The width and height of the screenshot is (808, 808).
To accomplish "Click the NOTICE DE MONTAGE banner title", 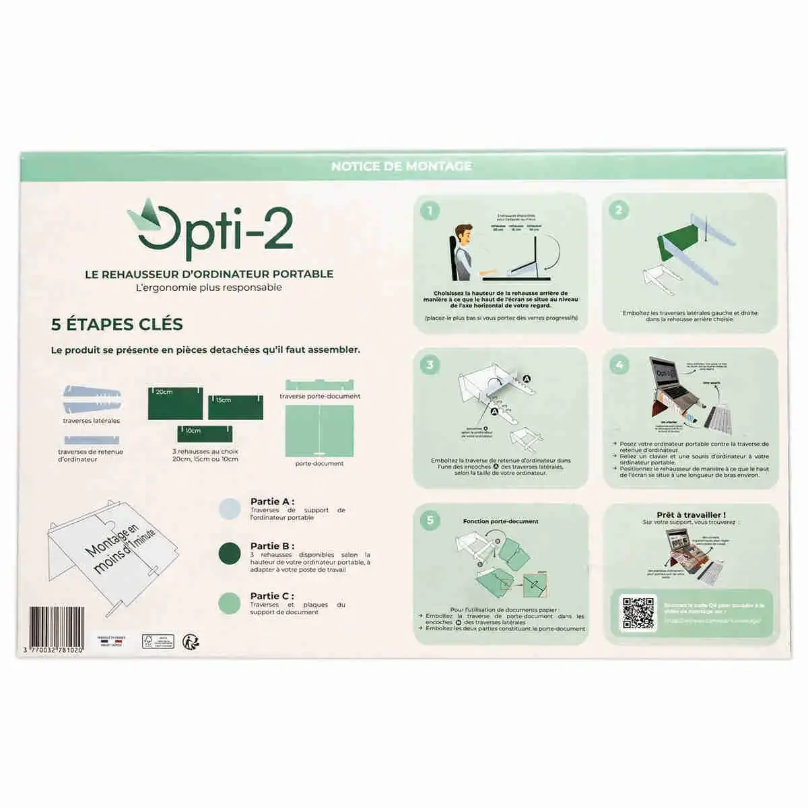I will tap(401, 166).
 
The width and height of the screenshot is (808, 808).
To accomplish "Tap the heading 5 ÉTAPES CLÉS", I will tap(117, 325).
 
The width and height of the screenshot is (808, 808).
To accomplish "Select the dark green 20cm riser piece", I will tap(176, 403).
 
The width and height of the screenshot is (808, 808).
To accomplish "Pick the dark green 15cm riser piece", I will tap(234, 407).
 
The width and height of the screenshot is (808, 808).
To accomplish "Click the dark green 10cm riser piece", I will tap(205, 434).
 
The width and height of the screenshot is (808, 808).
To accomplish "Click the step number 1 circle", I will tap(430, 211).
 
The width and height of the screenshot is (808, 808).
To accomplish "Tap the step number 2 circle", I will tap(619, 210).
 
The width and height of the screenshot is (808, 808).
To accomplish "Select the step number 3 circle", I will tap(430, 365).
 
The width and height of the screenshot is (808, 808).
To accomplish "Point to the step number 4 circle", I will tap(619, 365).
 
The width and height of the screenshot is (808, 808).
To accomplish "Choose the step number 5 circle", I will tap(430, 520).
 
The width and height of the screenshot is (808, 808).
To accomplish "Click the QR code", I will tap(638, 613).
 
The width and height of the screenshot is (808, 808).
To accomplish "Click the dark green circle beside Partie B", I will tap(229, 554).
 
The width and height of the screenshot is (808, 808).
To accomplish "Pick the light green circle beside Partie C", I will tap(229, 603).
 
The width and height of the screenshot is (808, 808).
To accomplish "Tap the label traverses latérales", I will tap(92, 421).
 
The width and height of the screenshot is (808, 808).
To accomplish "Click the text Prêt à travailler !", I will tap(691, 515).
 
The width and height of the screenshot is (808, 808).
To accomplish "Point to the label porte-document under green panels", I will tap(319, 463).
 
